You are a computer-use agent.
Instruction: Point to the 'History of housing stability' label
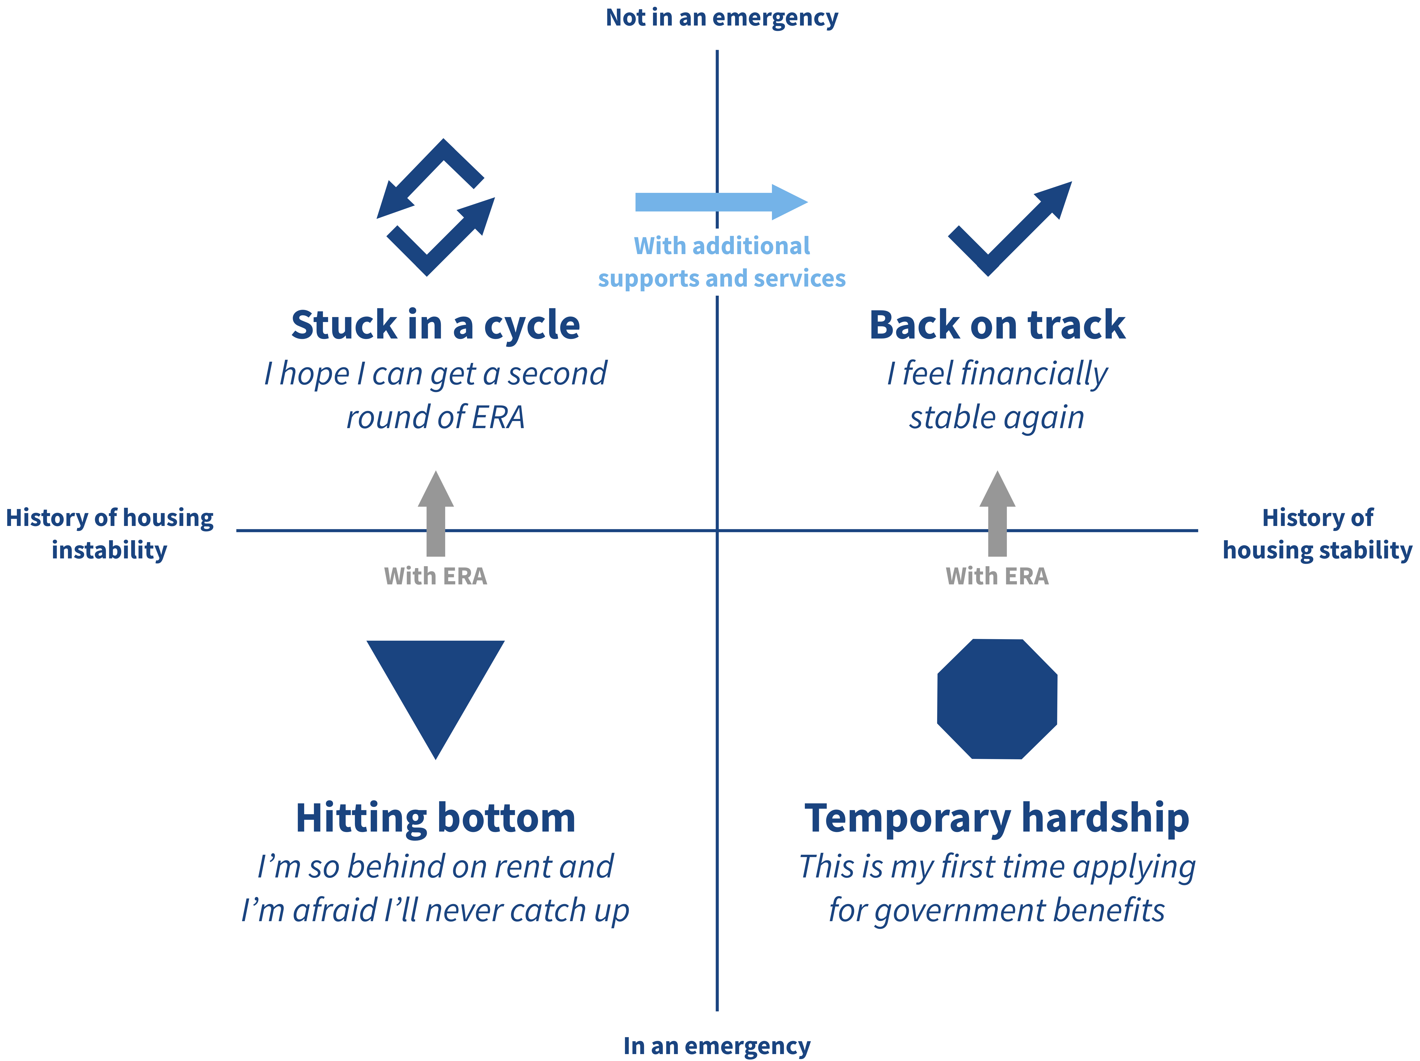pos(1317,533)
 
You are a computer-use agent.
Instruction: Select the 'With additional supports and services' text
pos(721,262)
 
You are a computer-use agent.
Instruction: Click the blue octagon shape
pos(997,699)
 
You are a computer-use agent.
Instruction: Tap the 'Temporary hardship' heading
pos(997,819)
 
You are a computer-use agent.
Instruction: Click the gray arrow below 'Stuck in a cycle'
pos(436,513)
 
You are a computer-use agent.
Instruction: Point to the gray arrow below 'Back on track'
pos(997,513)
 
